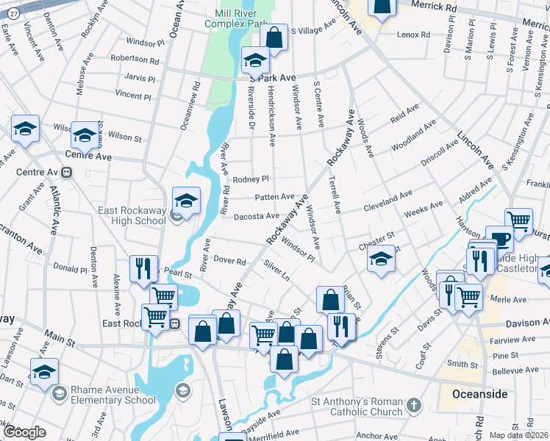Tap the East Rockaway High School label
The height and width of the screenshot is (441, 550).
click(132, 215)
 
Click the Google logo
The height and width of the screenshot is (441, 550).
click(24, 432)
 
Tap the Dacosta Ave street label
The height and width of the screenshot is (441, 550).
click(257, 216)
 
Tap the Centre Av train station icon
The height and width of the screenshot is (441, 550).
click(67, 173)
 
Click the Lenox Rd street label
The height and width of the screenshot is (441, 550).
click(414, 35)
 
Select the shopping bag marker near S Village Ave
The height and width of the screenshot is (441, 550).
click(274, 38)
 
